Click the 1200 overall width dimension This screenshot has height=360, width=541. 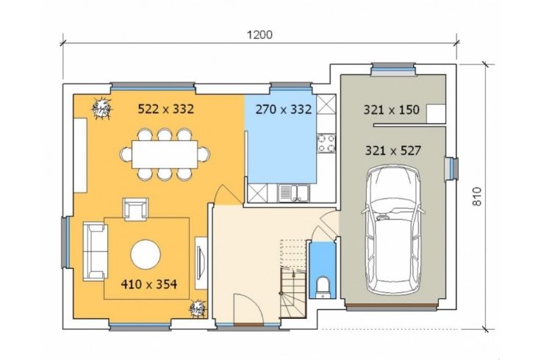[x=259, y=35]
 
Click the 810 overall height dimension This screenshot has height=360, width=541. [x=476, y=197]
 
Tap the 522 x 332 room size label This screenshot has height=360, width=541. [x=166, y=109]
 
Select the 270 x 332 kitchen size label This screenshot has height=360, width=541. [x=284, y=109]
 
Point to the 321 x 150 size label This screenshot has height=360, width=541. [x=391, y=109]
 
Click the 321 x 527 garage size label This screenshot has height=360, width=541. [x=393, y=151]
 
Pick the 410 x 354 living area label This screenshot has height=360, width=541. [x=149, y=284]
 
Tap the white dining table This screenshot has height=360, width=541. [x=165, y=154]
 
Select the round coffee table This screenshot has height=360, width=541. [x=146, y=254]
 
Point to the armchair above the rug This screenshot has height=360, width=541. [x=135, y=209]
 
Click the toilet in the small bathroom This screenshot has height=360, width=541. [x=323, y=287]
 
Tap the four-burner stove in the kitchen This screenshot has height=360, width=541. [x=326, y=143]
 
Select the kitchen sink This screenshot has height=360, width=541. [x=293, y=192]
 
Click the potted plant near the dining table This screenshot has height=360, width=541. [x=101, y=109]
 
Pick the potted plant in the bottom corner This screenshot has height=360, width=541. [x=198, y=308]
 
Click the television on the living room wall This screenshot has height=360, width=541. [x=201, y=263]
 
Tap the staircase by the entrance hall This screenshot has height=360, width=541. [x=293, y=278]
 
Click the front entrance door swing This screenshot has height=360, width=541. [x=248, y=309]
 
